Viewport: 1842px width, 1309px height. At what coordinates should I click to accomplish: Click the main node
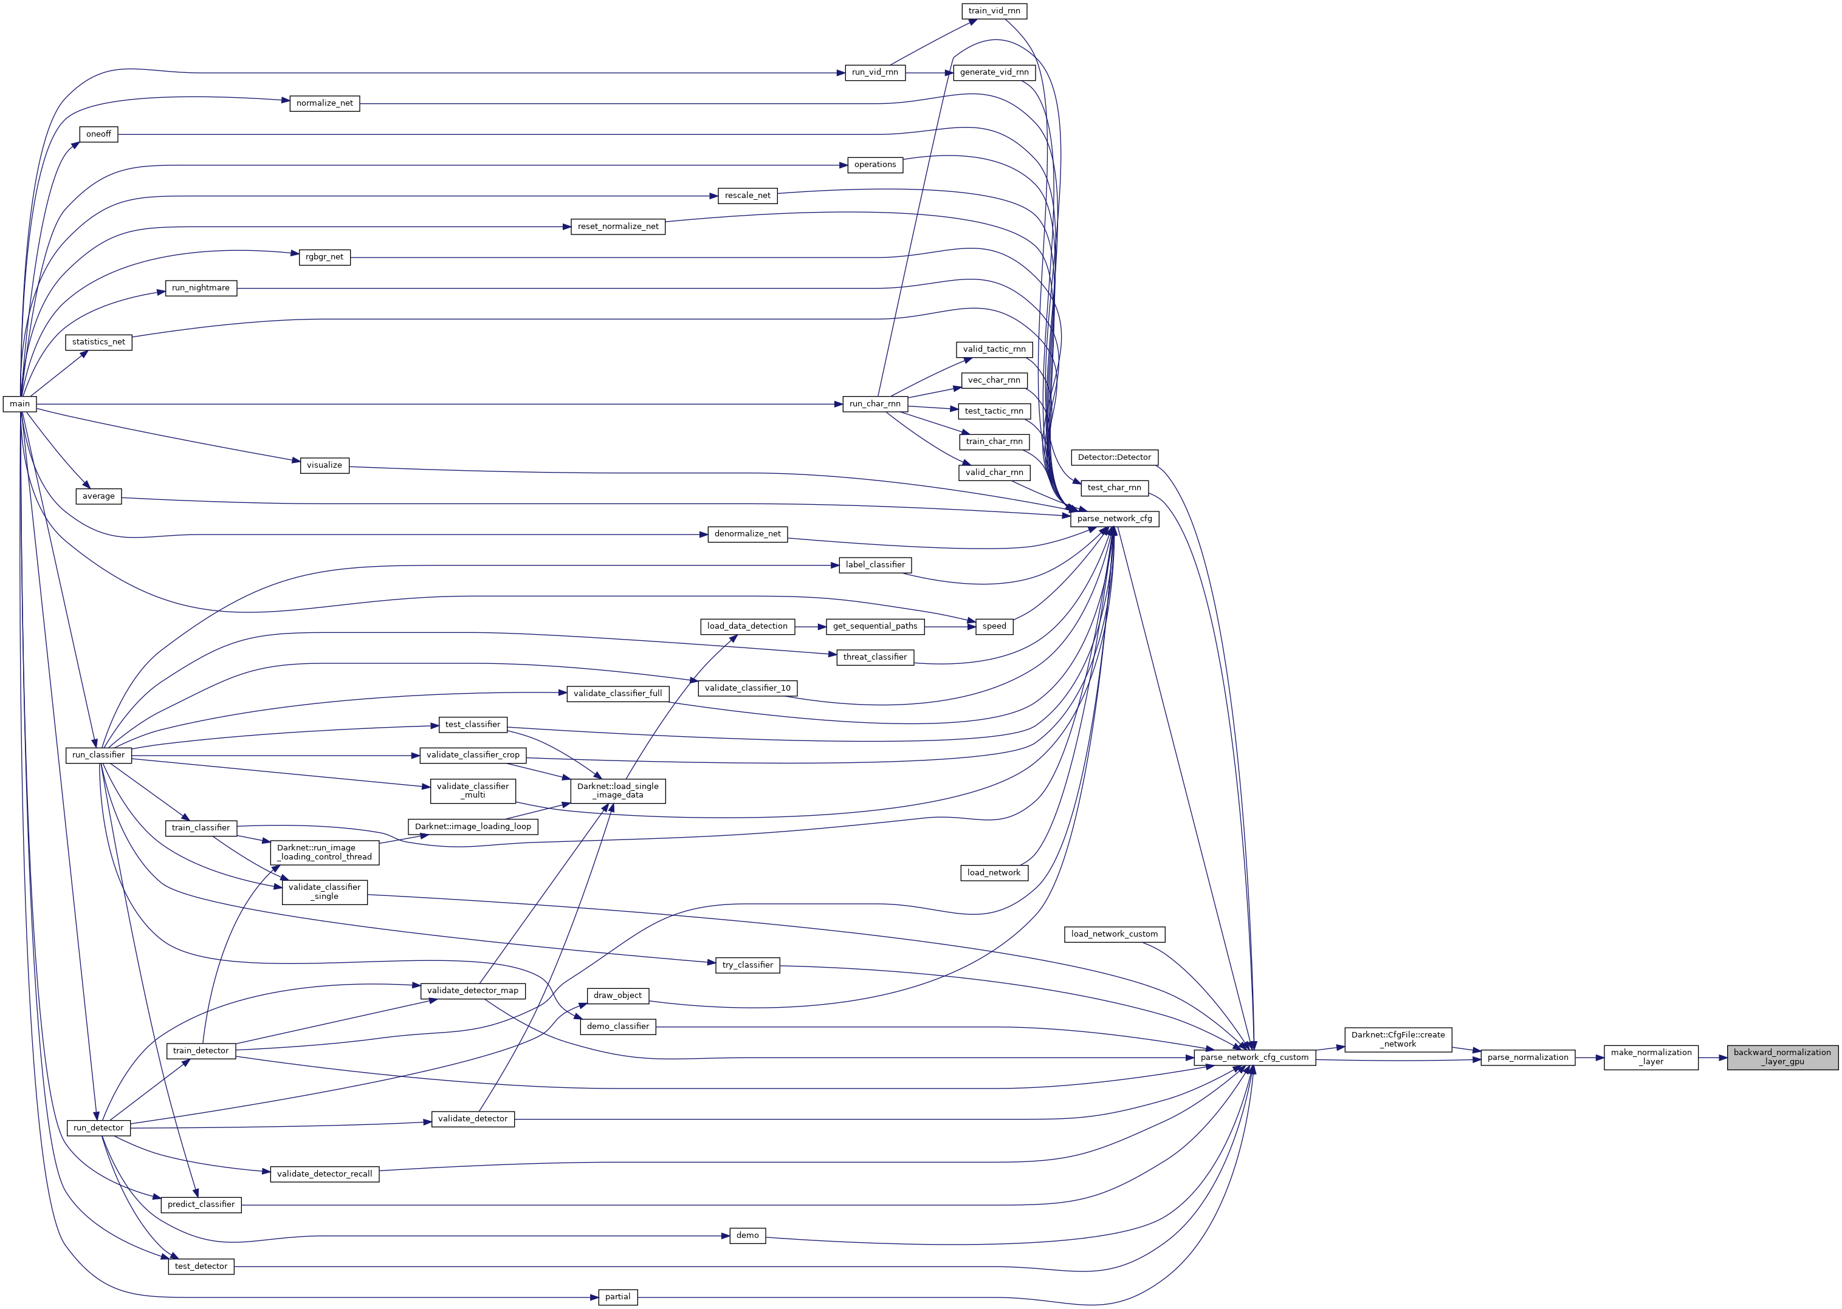(19, 404)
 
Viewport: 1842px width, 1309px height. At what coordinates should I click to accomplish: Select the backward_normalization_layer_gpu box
(1782, 1057)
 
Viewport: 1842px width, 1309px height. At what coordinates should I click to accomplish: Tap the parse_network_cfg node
(1115, 518)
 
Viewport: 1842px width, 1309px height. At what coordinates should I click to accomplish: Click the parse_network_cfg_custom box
(1255, 1057)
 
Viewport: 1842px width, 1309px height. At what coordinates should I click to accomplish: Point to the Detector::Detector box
(1115, 457)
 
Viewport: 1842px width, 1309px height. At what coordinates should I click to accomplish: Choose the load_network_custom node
(1115, 934)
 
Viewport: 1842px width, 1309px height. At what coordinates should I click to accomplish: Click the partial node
(618, 1297)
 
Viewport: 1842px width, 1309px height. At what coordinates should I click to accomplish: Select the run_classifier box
(98, 755)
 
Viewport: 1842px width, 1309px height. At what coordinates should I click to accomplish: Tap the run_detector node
(98, 1127)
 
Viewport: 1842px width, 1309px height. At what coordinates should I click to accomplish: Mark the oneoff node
(98, 134)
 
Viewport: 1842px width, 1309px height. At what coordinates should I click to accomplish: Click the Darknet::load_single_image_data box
(618, 791)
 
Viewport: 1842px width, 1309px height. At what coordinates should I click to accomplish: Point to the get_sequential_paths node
(875, 626)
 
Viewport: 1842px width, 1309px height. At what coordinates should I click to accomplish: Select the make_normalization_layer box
(1651, 1057)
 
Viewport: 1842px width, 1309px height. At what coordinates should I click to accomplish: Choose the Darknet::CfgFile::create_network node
(1398, 1039)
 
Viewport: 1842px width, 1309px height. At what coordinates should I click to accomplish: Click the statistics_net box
(98, 342)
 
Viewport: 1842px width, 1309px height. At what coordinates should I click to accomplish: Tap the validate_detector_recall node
(324, 1174)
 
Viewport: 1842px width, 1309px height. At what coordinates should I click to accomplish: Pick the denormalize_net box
(747, 533)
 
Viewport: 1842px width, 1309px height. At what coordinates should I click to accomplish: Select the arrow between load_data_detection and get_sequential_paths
(811, 626)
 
